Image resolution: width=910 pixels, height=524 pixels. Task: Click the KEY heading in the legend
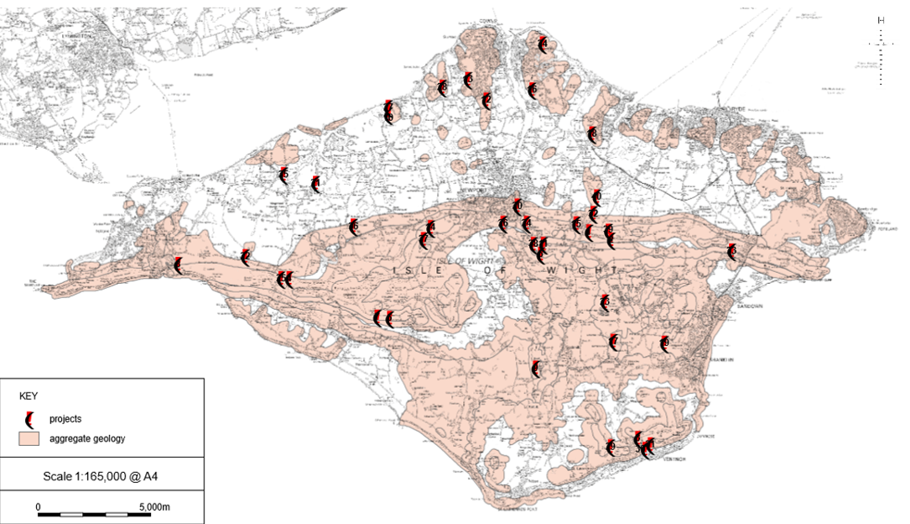click(29, 395)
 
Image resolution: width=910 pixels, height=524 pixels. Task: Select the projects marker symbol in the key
click(30, 418)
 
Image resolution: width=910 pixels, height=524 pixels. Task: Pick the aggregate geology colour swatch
click(30, 438)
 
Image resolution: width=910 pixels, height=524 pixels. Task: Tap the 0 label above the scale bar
click(39, 507)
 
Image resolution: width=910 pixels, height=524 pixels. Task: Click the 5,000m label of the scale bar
click(154, 507)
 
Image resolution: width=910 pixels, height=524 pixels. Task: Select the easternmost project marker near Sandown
click(732, 252)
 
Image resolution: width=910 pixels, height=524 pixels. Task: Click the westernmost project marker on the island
click(178, 265)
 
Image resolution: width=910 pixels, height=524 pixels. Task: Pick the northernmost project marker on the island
click(543, 45)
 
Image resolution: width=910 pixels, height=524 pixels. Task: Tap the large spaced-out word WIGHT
click(587, 270)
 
